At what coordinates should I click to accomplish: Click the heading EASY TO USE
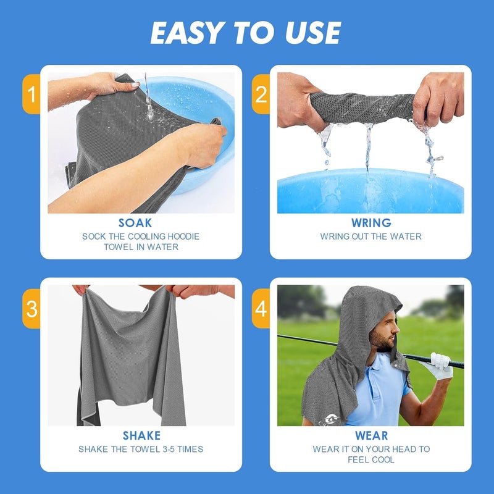pyautogui.click(x=246, y=33)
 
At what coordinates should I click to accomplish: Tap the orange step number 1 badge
pyautogui.click(x=31, y=94)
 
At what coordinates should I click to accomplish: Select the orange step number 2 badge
pyautogui.click(x=261, y=94)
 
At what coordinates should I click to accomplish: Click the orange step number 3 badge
pyautogui.click(x=31, y=308)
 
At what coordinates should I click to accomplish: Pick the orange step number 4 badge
pyautogui.click(x=261, y=308)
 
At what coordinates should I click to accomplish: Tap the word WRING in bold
pyautogui.click(x=371, y=223)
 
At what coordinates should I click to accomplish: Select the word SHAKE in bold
pyautogui.click(x=141, y=436)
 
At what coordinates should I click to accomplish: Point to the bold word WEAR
pyautogui.click(x=371, y=436)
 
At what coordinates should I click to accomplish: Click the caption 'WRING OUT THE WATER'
pyautogui.click(x=371, y=237)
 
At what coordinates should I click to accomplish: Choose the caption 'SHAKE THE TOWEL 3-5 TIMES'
pyautogui.click(x=141, y=450)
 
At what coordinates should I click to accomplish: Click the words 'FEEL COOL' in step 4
pyautogui.click(x=371, y=460)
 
